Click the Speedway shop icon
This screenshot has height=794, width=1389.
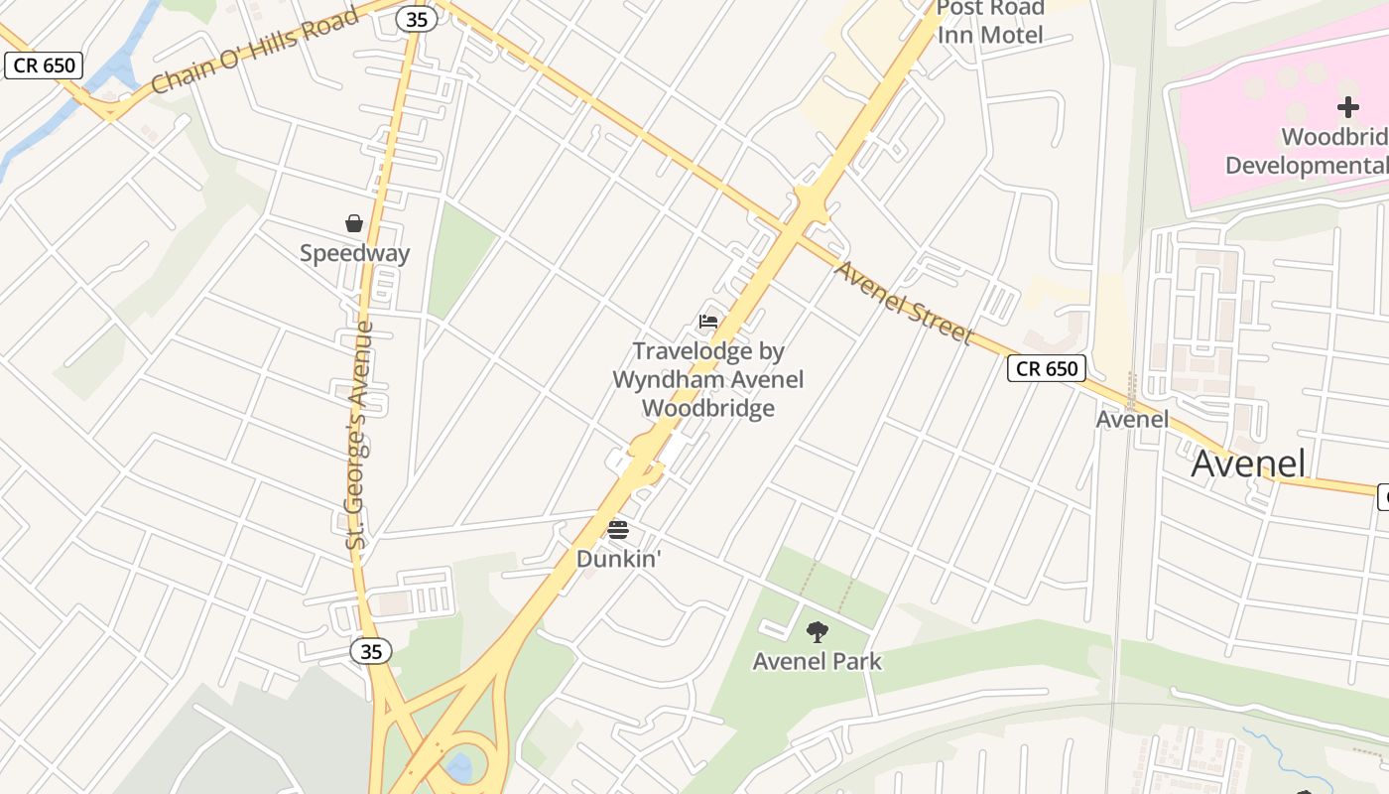(x=354, y=223)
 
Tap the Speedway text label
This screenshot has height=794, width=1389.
(x=354, y=253)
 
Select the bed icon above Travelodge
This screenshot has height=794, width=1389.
(x=708, y=322)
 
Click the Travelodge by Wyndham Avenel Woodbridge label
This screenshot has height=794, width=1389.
(x=707, y=379)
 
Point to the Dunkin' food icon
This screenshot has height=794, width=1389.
(x=618, y=529)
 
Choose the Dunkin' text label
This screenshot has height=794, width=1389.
(x=618, y=559)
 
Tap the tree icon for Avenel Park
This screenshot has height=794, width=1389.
(x=818, y=631)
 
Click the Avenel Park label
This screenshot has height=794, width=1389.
(x=817, y=661)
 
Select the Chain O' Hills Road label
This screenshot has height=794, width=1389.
(x=255, y=52)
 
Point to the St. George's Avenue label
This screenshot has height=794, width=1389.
(x=359, y=435)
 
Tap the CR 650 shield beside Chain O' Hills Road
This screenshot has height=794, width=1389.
(x=44, y=66)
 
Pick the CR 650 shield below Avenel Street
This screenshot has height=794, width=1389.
(x=1047, y=368)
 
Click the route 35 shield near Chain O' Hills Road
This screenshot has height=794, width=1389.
(x=417, y=18)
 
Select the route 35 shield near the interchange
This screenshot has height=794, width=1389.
(x=371, y=651)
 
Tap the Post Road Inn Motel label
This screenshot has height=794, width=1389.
(x=990, y=22)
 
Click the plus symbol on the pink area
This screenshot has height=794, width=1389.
(x=1347, y=107)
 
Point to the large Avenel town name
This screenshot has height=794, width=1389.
(x=1248, y=463)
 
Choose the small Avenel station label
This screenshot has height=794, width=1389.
(x=1131, y=419)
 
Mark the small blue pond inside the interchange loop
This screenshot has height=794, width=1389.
(x=459, y=765)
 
